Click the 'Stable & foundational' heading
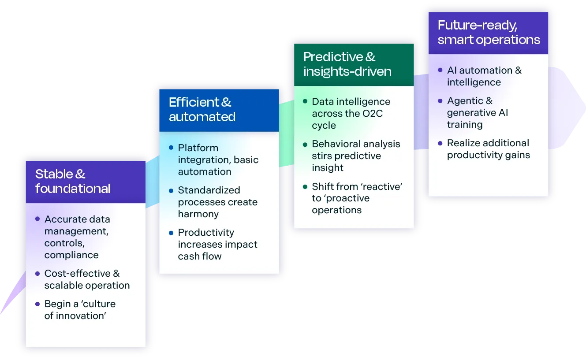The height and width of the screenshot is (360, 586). pyautogui.click(x=73, y=182)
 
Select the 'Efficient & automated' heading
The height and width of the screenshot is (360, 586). pyautogui.click(x=202, y=110)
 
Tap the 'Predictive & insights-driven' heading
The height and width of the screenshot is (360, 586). pyautogui.click(x=347, y=64)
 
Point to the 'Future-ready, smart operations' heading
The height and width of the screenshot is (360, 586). pyautogui.click(x=489, y=33)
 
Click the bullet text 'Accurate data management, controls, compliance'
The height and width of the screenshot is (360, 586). pyautogui.click(x=77, y=237)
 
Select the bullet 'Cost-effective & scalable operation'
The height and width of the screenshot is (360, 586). pyautogui.click(x=87, y=279)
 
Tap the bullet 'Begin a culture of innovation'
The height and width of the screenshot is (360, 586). pyautogui.click(x=80, y=310)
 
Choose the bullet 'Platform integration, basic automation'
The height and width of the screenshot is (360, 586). pyautogui.click(x=218, y=160)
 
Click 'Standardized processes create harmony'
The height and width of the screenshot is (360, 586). pyautogui.click(x=217, y=202)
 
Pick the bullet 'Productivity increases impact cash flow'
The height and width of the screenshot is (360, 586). pyautogui.click(x=217, y=244)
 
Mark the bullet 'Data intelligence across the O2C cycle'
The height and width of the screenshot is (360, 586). pyautogui.click(x=351, y=113)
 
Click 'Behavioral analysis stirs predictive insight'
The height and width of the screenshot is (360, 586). pyautogui.click(x=355, y=156)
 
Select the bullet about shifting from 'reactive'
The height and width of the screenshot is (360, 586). pyautogui.click(x=357, y=198)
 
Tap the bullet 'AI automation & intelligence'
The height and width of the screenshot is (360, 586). pyautogui.click(x=484, y=76)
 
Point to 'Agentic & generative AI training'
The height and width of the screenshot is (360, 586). pyautogui.click(x=477, y=112)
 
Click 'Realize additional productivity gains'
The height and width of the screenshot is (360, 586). pyautogui.click(x=488, y=149)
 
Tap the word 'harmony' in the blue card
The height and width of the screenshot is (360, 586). pyautogui.click(x=198, y=214)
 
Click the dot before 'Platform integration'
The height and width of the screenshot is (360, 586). pyautogui.click(x=171, y=148)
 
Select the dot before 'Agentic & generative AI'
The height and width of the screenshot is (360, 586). pyautogui.click(x=440, y=101)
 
